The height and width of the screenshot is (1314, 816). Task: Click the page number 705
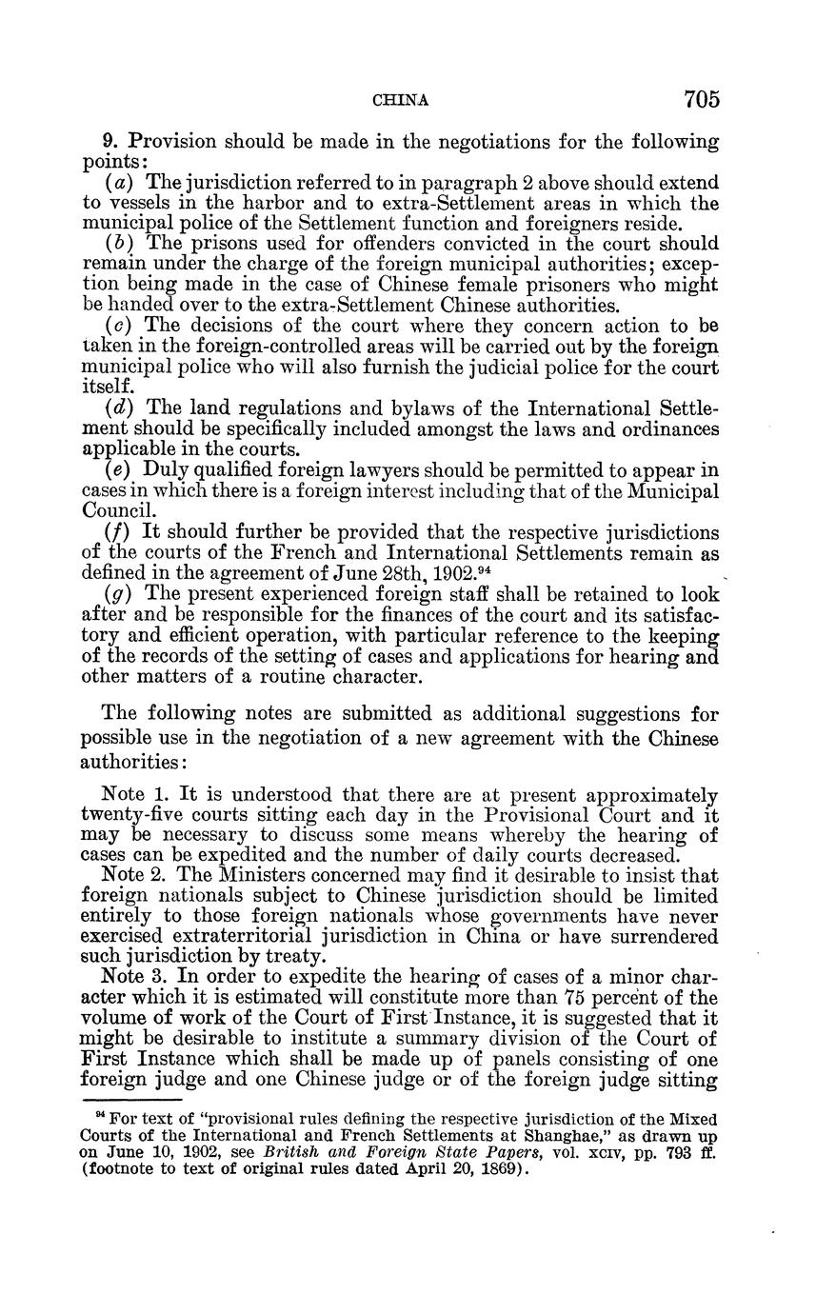point(700,99)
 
